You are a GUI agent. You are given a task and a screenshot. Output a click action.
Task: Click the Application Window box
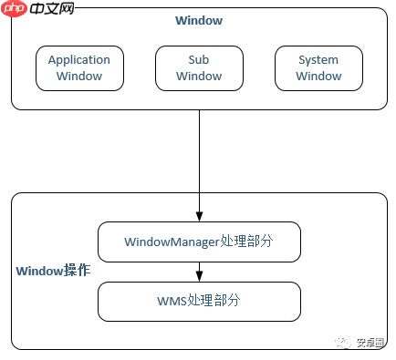point(78,68)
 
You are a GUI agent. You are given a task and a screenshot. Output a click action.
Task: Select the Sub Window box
point(199,68)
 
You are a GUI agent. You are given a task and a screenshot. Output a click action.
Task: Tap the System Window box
point(318,68)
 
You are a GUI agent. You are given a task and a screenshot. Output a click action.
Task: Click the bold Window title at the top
point(199,20)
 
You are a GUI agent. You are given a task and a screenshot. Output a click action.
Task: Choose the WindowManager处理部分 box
point(199,242)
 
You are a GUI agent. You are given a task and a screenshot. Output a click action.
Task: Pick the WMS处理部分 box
point(199,301)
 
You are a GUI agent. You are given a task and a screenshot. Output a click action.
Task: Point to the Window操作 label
point(52,272)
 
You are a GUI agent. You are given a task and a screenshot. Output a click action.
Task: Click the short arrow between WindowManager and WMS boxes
point(199,272)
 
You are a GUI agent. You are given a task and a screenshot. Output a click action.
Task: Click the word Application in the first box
point(78,60)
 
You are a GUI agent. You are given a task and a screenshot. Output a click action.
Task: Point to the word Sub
point(199,60)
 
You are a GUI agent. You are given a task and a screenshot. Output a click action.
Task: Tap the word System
point(318,60)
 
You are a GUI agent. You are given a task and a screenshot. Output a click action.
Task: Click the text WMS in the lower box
point(171,301)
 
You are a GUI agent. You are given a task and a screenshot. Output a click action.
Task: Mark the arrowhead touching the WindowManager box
point(199,216)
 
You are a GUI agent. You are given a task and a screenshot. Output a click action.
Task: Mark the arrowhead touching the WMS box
point(199,277)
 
